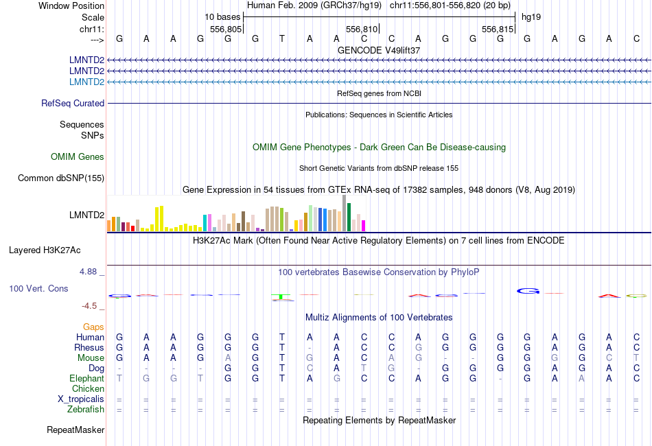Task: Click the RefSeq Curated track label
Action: pyautogui.click(x=73, y=104)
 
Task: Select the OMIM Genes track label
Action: pyautogui.click(x=78, y=157)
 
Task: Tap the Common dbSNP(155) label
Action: pyautogui.click(x=61, y=178)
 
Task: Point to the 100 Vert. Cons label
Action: pyautogui.click(x=38, y=289)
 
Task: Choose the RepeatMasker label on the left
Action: pyautogui.click(x=75, y=430)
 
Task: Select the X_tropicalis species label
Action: pyautogui.click(x=81, y=399)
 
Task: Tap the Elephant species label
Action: pyautogui.click(x=86, y=379)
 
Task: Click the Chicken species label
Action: pyautogui.click(x=88, y=389)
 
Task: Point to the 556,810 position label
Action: pyautogui.click(x=362, y=30)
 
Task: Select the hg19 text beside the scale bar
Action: pyautogui.click(x=531, y=16)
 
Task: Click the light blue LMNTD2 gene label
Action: pyautogui.click(x=86, y=82)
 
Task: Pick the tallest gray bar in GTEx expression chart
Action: pyautogui.click(x=344, y=213)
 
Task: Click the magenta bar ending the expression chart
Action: pyautogui.click(x=364, y=226)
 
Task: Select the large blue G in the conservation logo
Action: pyautogui.click(x=528, y=291)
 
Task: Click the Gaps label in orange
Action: pyautogui.click(x=93, y=327)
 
